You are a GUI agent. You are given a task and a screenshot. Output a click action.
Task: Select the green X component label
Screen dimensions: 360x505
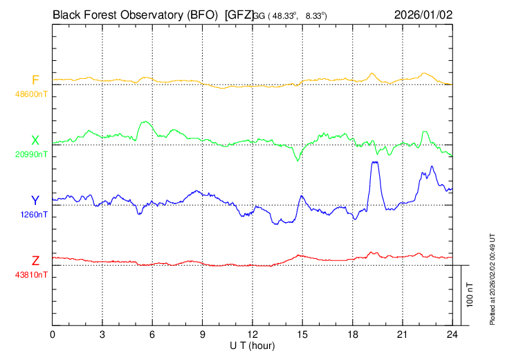tap(35, 141)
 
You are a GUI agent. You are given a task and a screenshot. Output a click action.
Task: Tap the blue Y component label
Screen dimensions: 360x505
tap(35, 201)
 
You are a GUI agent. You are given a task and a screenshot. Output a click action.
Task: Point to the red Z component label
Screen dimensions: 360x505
tap(35, 260)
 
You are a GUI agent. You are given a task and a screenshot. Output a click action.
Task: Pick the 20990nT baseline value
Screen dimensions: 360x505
tap(31, 154)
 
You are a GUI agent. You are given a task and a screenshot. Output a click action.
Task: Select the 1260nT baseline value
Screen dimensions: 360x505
tap(33, 215)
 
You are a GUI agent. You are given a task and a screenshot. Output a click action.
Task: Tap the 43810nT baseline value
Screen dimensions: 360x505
tap(31, 275)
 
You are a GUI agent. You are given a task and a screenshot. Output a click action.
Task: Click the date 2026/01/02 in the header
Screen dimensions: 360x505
tap(423, 14)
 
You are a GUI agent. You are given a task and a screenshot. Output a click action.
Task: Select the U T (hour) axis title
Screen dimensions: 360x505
tap(252, 345)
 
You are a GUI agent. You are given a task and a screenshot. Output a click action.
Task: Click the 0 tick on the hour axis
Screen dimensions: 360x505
tap(53, 334)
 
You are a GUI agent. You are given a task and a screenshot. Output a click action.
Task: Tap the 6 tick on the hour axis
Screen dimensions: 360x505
tap(153, 334)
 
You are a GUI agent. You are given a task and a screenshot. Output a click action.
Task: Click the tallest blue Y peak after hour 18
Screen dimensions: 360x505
tap(375, 162)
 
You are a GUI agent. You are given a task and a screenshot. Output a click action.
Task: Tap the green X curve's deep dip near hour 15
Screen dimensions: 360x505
tap(298, 161)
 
